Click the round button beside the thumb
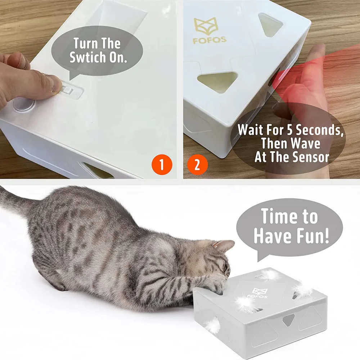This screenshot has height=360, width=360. click(x=23, y=105)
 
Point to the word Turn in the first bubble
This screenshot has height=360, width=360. click(x=86, y=44)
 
